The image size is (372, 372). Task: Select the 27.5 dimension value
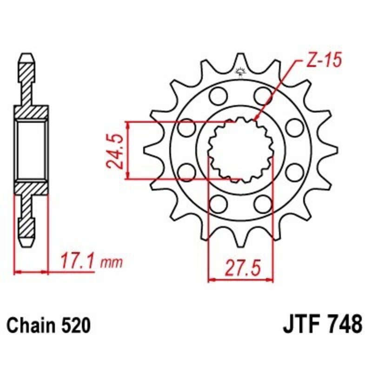240,268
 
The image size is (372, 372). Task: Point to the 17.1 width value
77,260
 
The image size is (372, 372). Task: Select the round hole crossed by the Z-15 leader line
263,96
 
